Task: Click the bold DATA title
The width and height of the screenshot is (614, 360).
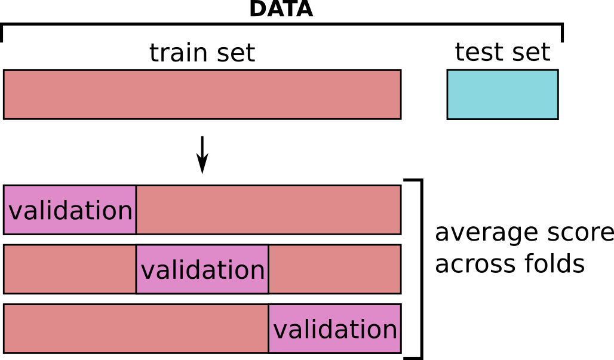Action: point(281,8)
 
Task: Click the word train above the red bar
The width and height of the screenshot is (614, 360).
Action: point(178,53)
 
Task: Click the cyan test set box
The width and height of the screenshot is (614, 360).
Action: point(502,95)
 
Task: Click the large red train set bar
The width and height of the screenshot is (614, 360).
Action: point(202,95)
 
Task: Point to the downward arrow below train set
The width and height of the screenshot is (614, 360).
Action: point(202,155)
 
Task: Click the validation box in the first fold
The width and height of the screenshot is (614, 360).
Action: point(70,210)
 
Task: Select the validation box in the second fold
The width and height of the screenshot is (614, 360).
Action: point(202,269)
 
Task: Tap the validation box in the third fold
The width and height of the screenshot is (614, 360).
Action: point(335,329)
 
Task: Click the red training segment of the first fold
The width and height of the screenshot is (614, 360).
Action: point(269,210)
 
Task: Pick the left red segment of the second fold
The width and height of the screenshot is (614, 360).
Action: point(70,269)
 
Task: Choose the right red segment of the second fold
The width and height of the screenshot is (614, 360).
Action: point(335,269)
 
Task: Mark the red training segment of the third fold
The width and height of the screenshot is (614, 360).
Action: point(136,329)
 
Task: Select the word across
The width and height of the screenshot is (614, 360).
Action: point(472,264)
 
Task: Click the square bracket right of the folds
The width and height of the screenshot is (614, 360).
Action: point(421,269)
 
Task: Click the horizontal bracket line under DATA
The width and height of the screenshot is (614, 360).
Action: point(282,24)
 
